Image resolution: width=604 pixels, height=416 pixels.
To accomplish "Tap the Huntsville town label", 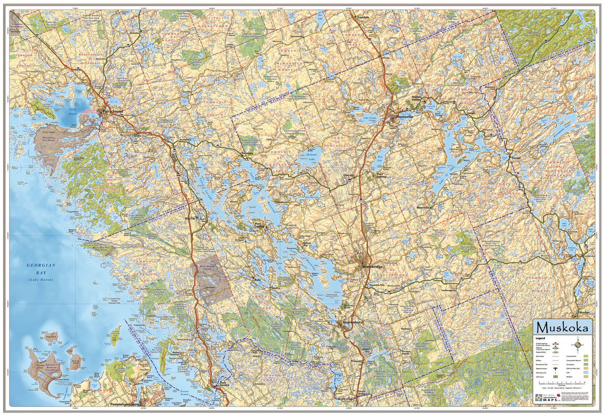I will (x=404, y=117).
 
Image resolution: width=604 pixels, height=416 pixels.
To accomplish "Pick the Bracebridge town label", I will (x=372, y=266).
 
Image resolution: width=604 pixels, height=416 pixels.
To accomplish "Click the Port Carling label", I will (x=260, y=225).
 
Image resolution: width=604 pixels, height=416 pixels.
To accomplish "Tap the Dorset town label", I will (x=515, y=157).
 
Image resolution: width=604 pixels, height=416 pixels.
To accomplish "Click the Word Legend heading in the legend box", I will (x=541, y=338).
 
